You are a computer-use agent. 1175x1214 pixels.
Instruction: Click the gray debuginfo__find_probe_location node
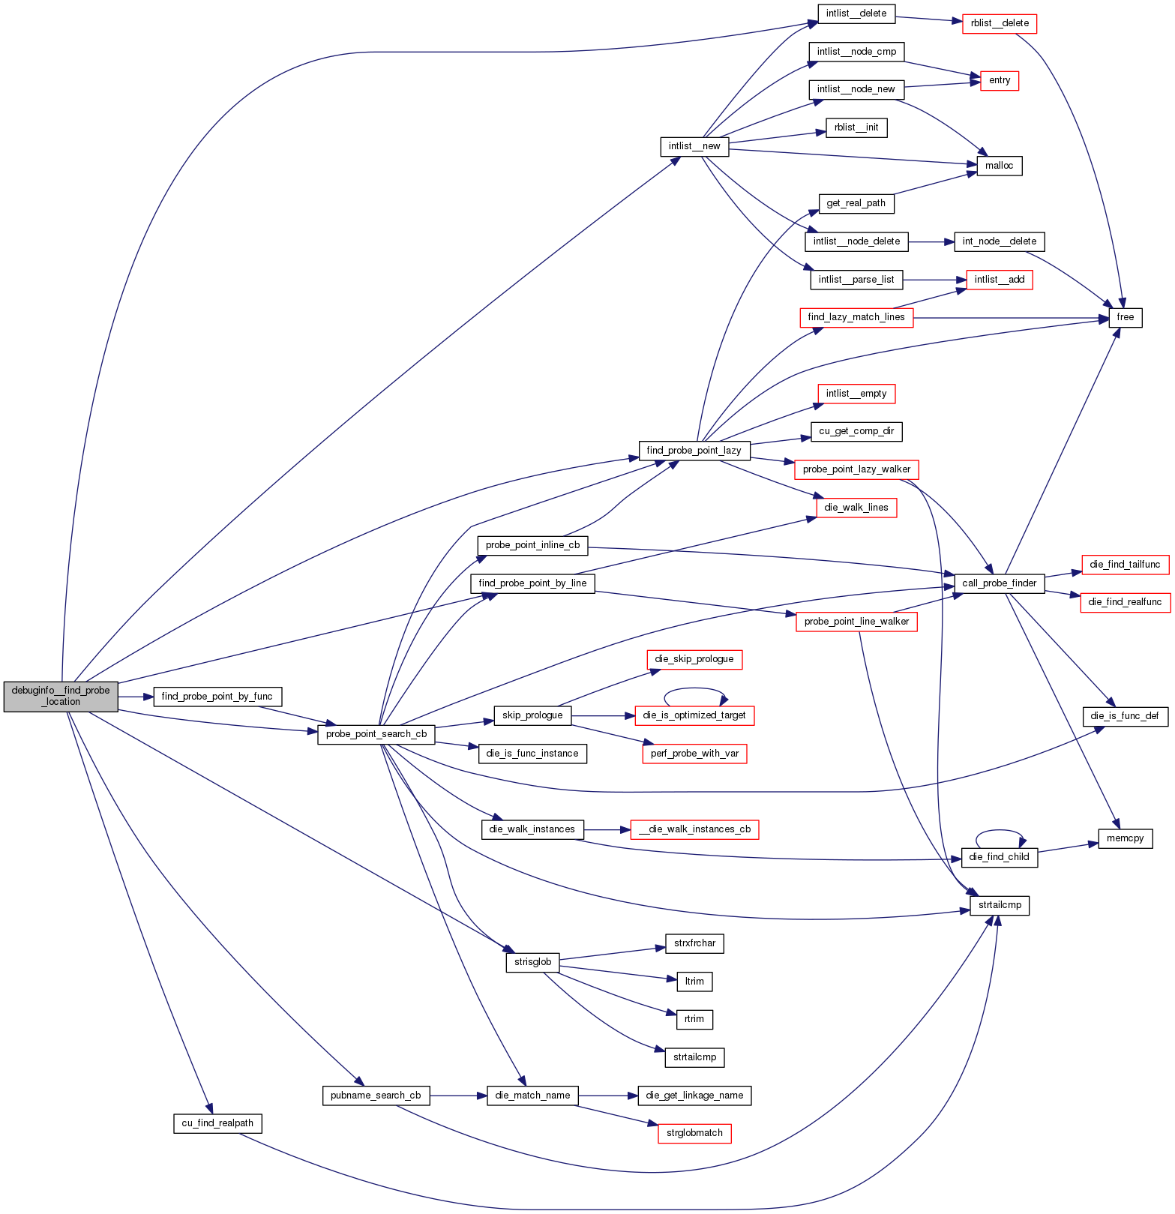(61, 696)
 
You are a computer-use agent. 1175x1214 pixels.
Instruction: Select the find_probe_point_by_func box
(217, 697)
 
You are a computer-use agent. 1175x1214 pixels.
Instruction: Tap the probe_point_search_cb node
(376, 734)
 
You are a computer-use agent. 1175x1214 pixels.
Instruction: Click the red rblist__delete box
(1000, 23)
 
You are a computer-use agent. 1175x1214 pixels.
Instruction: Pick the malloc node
(999, 166)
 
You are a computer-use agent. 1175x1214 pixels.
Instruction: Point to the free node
(1125, 317)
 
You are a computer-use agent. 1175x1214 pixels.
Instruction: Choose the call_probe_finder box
(999, 583)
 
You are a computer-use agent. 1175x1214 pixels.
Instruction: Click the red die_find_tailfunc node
(1124, 565)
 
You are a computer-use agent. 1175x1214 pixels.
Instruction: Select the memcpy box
(1125, 838)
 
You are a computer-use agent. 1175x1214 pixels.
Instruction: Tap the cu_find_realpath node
(217, 1123)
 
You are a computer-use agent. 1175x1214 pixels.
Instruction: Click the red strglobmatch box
(694, 1133)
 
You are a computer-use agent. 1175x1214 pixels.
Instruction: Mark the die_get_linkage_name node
(694, 1096)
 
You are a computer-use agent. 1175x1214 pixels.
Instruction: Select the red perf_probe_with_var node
(694, 754)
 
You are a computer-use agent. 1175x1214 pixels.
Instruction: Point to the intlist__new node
(694, 146)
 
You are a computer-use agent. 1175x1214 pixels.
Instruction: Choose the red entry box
(1000, 80)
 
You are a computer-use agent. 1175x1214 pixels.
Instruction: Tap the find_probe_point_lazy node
(694, 451)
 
